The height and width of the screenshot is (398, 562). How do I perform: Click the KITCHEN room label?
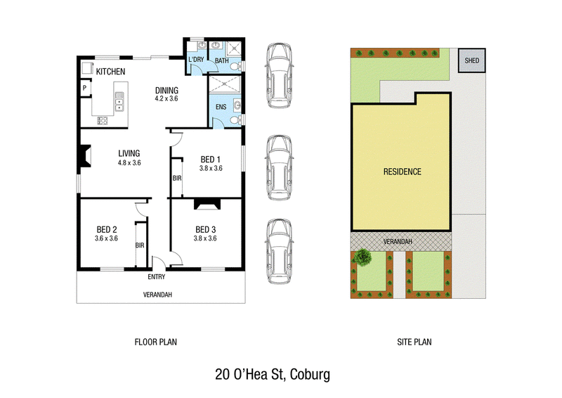(111, 72)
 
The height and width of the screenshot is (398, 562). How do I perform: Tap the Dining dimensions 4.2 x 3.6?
(166, 98)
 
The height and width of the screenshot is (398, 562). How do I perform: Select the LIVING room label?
(129, 153)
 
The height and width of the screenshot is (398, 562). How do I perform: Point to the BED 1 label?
(210, 160)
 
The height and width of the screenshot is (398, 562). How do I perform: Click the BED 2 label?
(107, 229)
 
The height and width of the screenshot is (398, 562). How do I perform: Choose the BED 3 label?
(205, 229)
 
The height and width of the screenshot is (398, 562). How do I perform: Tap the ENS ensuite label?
(221, 107)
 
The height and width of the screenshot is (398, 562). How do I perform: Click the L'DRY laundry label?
(196, 59)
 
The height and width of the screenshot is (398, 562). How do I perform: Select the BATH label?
(222, 60)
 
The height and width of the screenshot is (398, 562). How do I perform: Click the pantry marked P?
(84, 88)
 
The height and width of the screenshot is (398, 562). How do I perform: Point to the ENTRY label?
(157, 276)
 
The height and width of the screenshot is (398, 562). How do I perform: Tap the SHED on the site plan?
(471, 60)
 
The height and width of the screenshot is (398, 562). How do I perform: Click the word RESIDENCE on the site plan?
(402, 172)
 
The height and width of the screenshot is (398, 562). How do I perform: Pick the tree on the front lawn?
(362, 257)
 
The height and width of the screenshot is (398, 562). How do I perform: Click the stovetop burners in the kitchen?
(102, 120)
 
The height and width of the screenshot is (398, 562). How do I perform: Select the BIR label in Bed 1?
(177, 178)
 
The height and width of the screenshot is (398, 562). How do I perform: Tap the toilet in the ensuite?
(235, 120)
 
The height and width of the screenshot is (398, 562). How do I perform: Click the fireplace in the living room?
(85, 156)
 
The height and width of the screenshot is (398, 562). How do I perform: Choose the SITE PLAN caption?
(414, 342)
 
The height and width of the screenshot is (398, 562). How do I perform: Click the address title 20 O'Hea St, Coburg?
(273, 374)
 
